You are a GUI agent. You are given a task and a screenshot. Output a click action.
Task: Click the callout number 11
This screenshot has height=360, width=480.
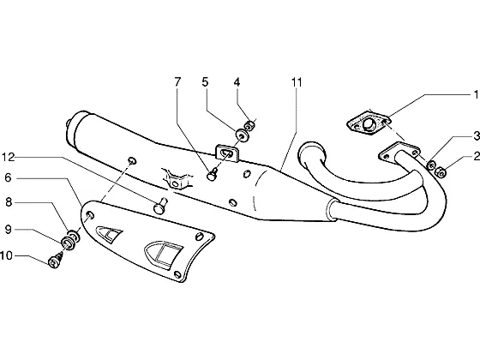pos(297,82)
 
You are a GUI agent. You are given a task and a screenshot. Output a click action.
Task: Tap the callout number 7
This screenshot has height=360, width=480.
pos(177,81)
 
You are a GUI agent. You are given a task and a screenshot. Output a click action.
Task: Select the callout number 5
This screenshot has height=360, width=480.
pos(205,81)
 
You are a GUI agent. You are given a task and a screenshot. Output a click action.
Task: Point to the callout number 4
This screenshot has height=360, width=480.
pos(237,81)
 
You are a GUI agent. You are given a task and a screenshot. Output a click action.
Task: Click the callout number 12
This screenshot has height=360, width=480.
pos(9,158)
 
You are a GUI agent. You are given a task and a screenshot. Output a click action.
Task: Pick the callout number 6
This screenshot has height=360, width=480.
pos(9,177)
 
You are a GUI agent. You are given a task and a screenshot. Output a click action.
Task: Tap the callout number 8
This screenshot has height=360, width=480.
pos(9,202)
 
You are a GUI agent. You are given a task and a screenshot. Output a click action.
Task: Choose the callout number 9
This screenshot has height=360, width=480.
pos(9,229)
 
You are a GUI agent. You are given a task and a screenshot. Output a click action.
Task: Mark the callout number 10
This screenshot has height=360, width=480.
pos(7,255)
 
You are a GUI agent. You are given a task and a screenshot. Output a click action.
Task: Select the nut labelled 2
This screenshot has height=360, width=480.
pos(441,173)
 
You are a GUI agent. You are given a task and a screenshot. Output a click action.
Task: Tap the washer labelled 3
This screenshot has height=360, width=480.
pos(431,165)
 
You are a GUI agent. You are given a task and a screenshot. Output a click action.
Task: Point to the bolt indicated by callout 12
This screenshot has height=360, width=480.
pos(161,206)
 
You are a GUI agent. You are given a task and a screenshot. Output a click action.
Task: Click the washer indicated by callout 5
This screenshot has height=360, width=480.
pos(242,135)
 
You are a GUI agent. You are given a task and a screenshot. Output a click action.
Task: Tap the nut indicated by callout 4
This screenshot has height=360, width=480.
pos(249,125)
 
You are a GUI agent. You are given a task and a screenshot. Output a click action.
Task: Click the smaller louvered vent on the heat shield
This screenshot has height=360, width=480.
pos(109,234)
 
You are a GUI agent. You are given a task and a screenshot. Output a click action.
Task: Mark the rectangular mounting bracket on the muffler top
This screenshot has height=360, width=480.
pos(228,153)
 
